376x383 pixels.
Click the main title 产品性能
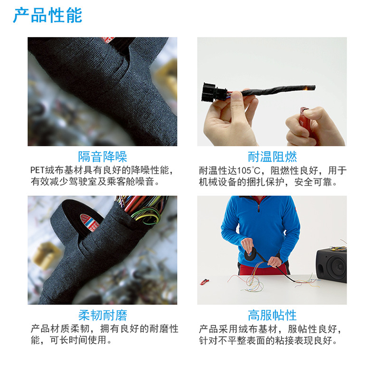[x=48, y=16]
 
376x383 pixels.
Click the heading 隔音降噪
[x=102, y=157]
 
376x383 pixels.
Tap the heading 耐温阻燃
[x=272, y=157]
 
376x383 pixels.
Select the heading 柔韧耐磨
[x=102, y=315]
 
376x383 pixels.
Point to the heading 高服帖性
[x=272, y=315]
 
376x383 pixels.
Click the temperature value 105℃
[x=247, y=171]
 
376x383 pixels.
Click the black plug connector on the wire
[x=213, y=93]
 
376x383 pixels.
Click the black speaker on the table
[x=331, y=265]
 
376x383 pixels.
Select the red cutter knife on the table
[x=205, y=282]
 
